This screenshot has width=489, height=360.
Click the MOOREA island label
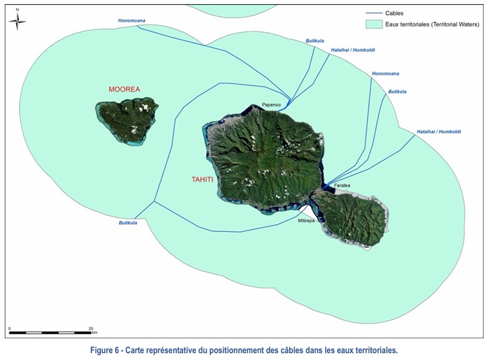point(125,89)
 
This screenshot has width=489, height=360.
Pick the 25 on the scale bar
point(91,327)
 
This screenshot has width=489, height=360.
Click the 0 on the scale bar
point(9,327)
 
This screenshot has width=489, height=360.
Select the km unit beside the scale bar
point(95,333)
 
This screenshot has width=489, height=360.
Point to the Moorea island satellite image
point(127,120)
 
